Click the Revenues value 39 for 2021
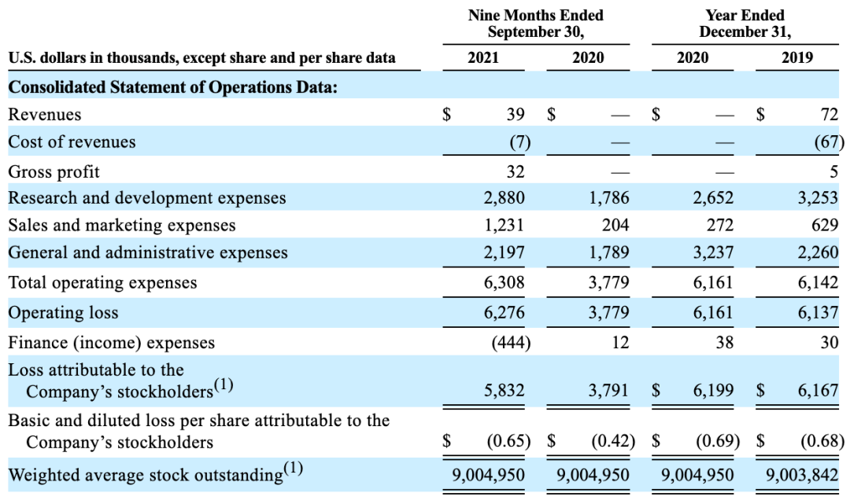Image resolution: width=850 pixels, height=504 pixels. (515, 115)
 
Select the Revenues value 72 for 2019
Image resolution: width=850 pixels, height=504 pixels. (828, 115)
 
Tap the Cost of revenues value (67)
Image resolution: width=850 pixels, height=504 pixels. (826, 142)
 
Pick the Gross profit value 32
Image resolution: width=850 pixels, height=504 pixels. (515, 171)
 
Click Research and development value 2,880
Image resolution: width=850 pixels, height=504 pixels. (504, 198)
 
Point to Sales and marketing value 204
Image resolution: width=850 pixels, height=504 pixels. (615, 226)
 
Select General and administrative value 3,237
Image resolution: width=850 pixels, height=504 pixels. (713, 253)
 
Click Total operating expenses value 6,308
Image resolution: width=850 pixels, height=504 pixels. (504, 282)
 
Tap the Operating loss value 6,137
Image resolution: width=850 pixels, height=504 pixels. (818, 312)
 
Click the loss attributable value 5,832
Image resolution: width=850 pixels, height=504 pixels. (504, 389)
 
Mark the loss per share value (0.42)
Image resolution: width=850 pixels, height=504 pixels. (613, 440)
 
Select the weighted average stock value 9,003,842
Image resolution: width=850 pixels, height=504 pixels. (802, 475)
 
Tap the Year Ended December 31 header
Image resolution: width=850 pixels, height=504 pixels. (744, 24)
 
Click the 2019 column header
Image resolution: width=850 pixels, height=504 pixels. (797, 57)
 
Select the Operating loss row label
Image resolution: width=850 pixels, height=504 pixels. (63, 312)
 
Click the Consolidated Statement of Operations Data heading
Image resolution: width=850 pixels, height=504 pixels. (172, 86)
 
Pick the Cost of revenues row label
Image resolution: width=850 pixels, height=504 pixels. (72, 142)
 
